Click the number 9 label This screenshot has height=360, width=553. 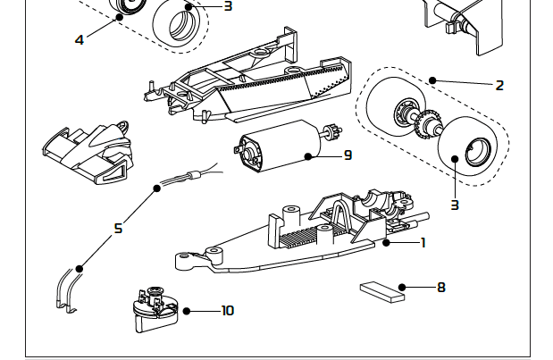pyautogui.click(x=348, y=155)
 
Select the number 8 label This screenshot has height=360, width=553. pyautogui.click(x=440, y=288)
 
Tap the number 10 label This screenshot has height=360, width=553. pyautogui.click(x=227, y=311)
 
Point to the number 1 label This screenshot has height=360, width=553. pyautogui.click(x=423, y=242)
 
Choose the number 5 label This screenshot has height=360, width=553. pyautogui.click(x=118, y=229)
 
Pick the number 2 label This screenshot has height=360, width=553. pyautogui.click(x=499, y=86)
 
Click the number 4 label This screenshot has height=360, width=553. pyautogui.click(x=80, y=39)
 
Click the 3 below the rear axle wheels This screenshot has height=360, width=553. pyautogui.click(x=454, y=205)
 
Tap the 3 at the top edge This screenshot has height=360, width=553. pyautogui.click(x=228, y=6)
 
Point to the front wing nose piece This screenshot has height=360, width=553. pyautogui.click(x=86, y=152)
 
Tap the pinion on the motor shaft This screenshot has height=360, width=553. pyautogui.click(x=335, y=134)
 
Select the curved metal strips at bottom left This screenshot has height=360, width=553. pyautogui.click(x=64, y=291)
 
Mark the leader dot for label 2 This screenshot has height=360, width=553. pyautogui.click(x=432, y=80)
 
